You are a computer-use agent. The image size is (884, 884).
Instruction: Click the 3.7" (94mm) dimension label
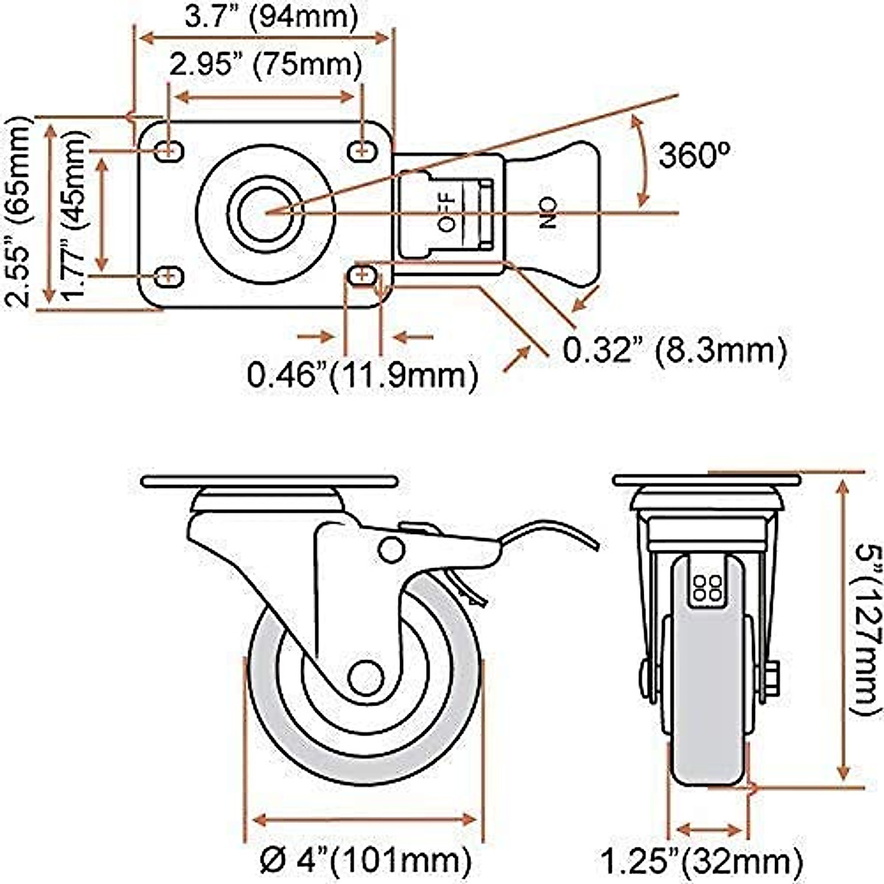tap(270, 15)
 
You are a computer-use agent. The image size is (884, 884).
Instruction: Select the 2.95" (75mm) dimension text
tap(265, 66)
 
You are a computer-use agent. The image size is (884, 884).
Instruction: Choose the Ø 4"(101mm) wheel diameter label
tap(365, 859)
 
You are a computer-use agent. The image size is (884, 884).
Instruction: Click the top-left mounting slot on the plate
tap(169, 150)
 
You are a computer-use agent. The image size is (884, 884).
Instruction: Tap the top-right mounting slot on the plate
tap(361, 151)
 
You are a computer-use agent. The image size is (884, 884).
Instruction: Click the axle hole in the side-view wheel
tap(365, 678)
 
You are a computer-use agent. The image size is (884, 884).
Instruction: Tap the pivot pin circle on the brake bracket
tap(391, 549)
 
